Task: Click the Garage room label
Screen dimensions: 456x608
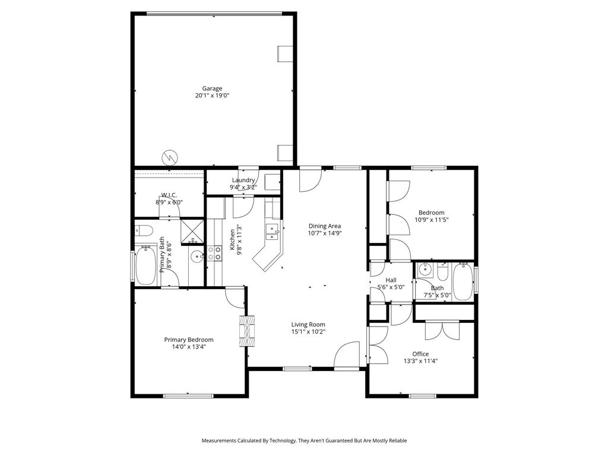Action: (x=212, y=88)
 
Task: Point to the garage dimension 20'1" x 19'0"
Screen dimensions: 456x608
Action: (x=212, y=96)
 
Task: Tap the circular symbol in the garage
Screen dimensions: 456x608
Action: (x=169, y=157)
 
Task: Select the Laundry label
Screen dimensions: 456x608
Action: (x=243, y=180)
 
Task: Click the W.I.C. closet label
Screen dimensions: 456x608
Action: (x=169, y=195)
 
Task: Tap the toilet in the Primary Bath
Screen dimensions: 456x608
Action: (x=144, y=230)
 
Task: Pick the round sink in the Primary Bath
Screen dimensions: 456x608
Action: (x=197, y=258)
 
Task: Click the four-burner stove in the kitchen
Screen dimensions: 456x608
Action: (x=214, y=254)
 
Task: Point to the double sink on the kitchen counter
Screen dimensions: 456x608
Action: (x=273, y=232)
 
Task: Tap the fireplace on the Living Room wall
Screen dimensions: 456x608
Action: (x=248, y=331)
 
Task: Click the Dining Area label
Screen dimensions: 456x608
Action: (x=324, y=226)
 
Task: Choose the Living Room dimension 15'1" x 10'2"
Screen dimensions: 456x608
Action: (x=308, y=332)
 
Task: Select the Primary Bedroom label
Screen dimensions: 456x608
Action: (x=189, y=340)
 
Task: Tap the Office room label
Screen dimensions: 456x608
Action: (x=420, y=354)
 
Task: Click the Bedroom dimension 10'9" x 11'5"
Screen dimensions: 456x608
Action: (x=431, y=220)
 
